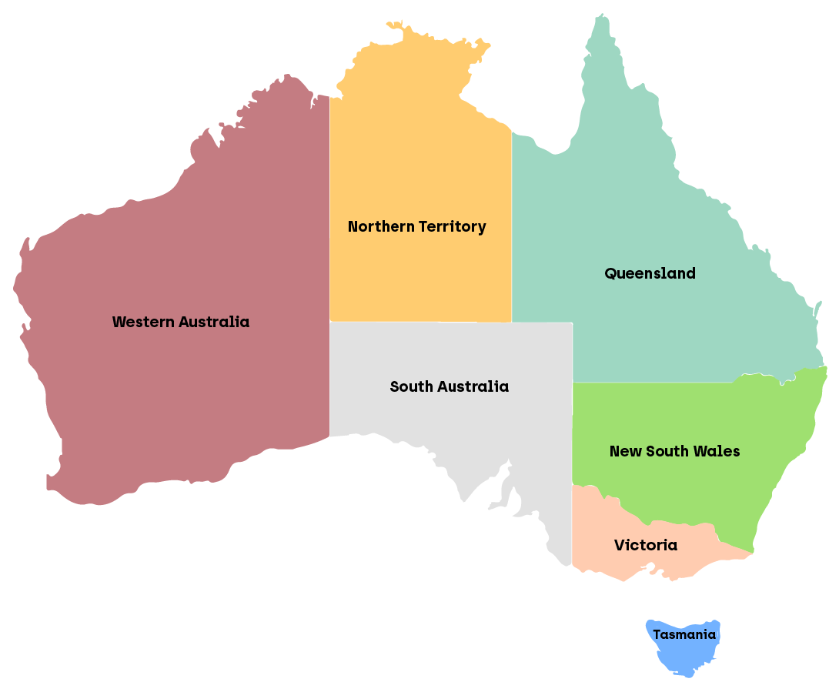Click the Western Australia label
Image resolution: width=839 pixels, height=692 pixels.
pos(181,322)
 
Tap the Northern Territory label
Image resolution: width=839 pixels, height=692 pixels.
pos(416,226)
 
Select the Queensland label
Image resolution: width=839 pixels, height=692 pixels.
pos(650,273)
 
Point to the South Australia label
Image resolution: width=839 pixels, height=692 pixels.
pos(449,386)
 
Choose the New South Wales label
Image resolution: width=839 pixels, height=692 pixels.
pos(674,451)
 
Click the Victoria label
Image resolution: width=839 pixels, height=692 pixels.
pos(646,545)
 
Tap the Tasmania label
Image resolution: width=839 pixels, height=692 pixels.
pos(684,635)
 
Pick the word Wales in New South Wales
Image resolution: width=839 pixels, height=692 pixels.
pos(717,451)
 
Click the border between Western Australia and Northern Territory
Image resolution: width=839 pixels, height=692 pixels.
pos(329,231)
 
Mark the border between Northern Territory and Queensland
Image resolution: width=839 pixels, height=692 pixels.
pos(512,231)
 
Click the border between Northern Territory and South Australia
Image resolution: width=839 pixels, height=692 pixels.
pos(420,322)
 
